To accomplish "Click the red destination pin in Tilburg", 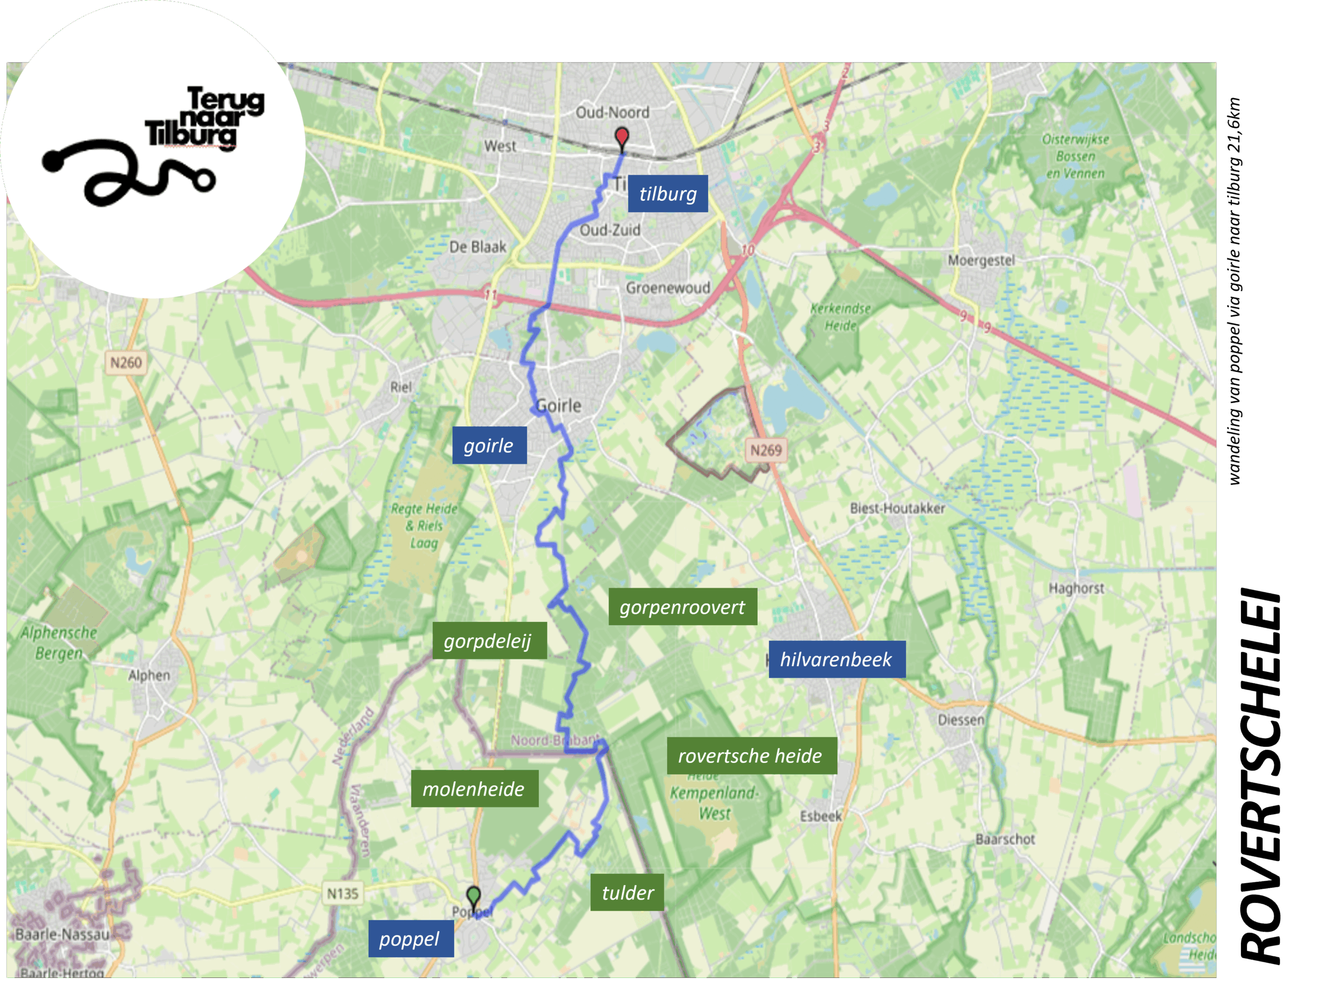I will click(x=621, y=137).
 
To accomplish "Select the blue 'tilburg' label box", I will click(x=668, y=194).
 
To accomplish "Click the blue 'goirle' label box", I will click(x=489, y=446).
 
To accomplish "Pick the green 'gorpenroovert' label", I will click(x=682, y=607).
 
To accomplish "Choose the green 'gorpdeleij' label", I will click(x=489, y=641).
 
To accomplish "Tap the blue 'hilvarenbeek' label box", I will click(x=836, y=659).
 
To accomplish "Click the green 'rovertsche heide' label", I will click(x=751, y=756).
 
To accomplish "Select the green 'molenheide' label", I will click(x=474, y=789).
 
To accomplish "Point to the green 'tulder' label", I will click(x=627, y=893).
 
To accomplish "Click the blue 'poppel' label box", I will click(x=410, y=939).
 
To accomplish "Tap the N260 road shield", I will click(x=126, y=363).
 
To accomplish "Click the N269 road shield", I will click(x=765, y=450).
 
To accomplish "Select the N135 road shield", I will click(x=342, y=894).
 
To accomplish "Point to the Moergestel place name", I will click(x=981, y=260).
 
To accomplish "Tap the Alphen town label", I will click(x=149, y=675).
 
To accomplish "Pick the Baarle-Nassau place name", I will click(x=62, y=934).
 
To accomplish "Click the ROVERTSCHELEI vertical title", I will click(x=1261, y=777).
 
